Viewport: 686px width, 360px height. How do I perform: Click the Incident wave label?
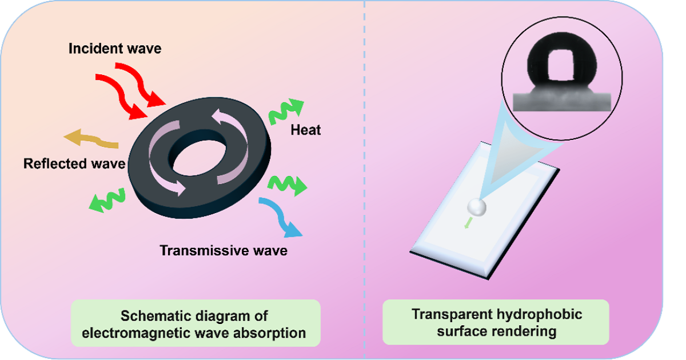[115, 49]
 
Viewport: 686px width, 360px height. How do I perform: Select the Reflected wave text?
[74, 164]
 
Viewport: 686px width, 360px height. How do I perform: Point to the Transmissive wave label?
[224, 250]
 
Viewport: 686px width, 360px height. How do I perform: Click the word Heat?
[306, 130]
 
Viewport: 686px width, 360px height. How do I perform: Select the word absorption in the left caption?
[272, 333]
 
